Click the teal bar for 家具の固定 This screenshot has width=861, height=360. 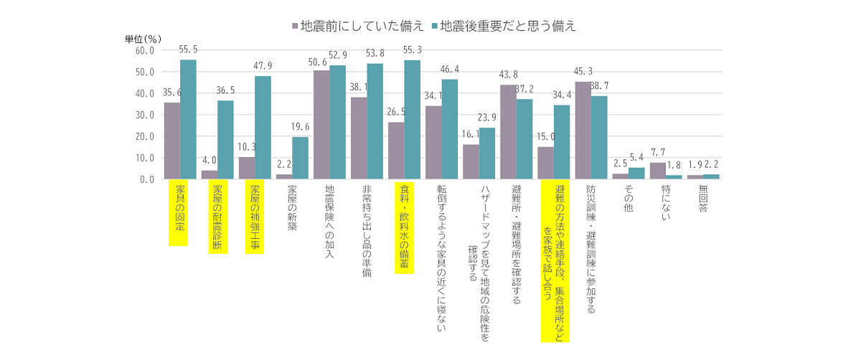pyautogui.click(x=188, y=119)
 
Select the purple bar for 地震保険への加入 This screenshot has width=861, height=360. pyautogui.click(x=321, y=125)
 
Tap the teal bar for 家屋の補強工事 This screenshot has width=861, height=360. pyautogui.click(x=263, y=128)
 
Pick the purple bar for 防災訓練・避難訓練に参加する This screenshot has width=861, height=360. pyautogui.click(x=583, y=131)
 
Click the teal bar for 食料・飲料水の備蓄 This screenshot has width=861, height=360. pyautogui.click(x=412, y=120)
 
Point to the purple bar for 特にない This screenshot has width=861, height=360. pyautogui.click(x=657, y=171)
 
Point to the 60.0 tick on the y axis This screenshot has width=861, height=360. pyautogui.click(x=143, y=51)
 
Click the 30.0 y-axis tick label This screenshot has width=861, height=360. pyautogui.click(x=143, y=115)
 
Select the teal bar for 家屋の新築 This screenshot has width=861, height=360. pyautogui.click(x=300, y=158)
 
